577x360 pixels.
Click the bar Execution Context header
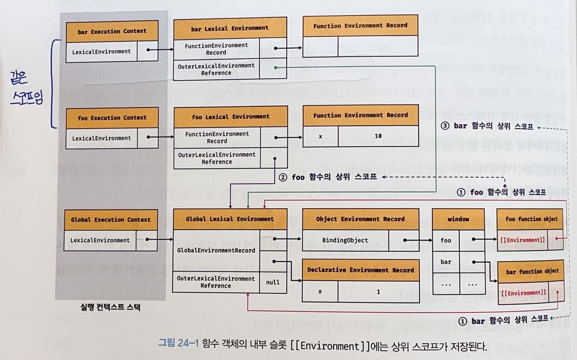(x=112, y=32)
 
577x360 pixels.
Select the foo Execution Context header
(x=112, y=118)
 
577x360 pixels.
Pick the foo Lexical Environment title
(x=231, y=117)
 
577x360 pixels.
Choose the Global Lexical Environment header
(x=230, y=219)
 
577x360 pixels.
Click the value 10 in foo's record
(x=378, y=136)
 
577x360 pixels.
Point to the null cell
(x=273, y=283)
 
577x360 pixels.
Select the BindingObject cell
(x=345, y=240)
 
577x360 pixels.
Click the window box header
(x=458, y=219)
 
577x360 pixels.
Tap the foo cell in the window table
(x=446, y=240)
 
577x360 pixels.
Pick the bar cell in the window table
(x=446, y=262)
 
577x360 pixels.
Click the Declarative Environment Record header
(x=361, y=270)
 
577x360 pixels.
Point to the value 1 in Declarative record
(x=378, y=292)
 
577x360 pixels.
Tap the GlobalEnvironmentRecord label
(x=216, y=251)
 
